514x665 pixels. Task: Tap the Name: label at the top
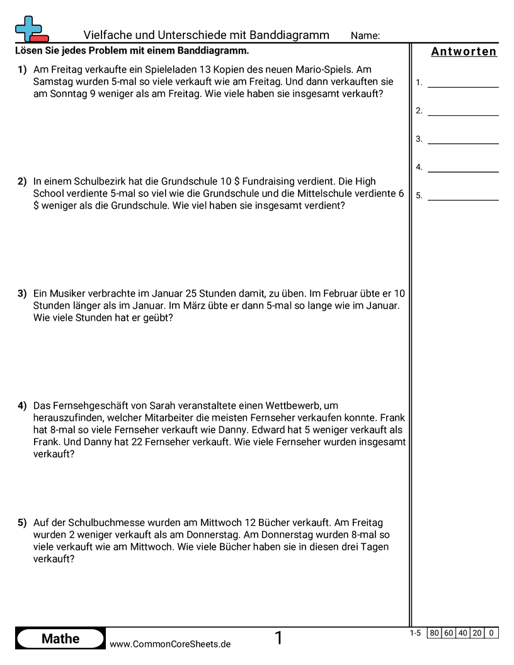(365, 36)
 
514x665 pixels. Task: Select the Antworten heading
(464, 52)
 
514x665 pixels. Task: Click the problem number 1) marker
(22, 70)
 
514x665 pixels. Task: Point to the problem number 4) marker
(22, 406)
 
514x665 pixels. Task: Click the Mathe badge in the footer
(60, 639)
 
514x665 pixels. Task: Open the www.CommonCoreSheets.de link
(170, 644)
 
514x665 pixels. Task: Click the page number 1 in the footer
(278, 639)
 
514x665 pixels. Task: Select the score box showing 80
(435, 633)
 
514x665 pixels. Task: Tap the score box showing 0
(491, 633)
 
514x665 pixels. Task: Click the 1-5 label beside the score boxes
(414, 633)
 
